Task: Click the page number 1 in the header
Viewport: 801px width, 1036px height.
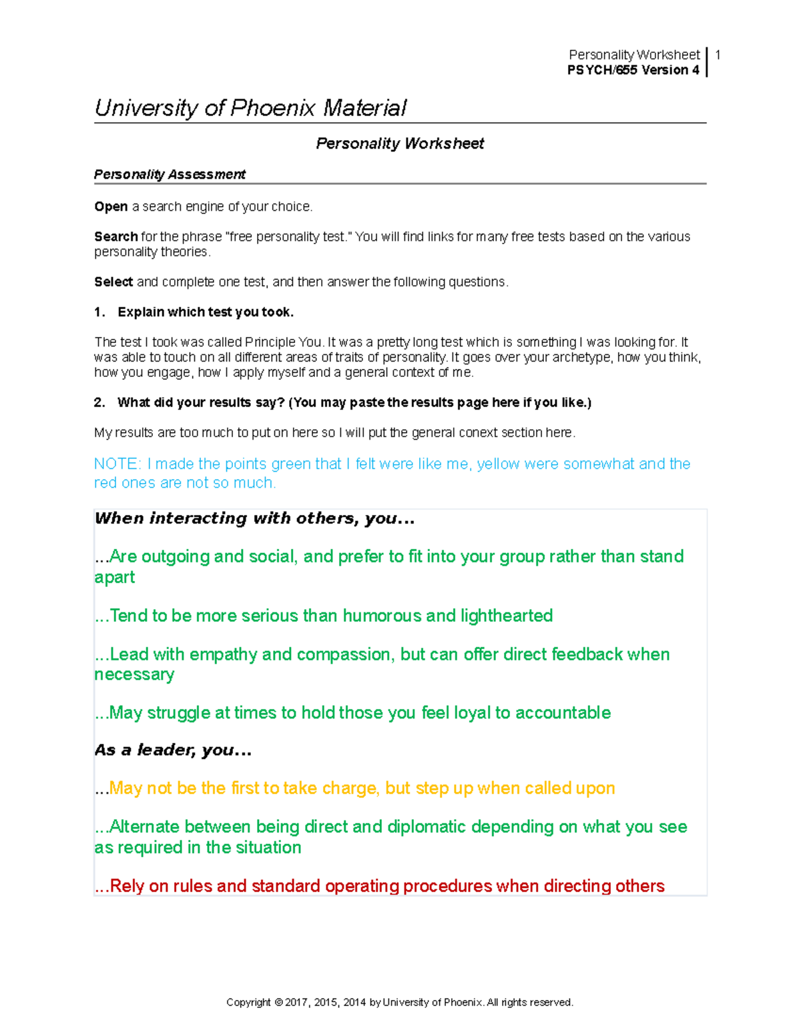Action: click(x=718, y=55)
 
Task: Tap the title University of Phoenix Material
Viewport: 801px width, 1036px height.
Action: click(x=250, y=108)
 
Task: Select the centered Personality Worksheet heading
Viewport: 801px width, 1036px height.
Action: click(x=400, y=143)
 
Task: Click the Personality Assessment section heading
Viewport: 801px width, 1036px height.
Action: click(x=170, y=175)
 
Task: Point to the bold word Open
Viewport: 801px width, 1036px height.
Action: click(x=111, y=207)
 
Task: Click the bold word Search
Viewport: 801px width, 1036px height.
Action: click(x=116, y=237)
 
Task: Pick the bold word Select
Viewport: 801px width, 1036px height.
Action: click(x=113, y=282)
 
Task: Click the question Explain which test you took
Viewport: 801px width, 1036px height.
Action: click(x=205, y=312)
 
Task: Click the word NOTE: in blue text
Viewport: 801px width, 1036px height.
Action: click(x=117, y=464)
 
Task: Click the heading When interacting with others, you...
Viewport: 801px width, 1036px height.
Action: click(x=254, y=518)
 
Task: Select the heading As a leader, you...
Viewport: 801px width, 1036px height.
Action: click(x=173, y=750)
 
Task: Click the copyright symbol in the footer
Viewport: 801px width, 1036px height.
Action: click(x=278, y=1002)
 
